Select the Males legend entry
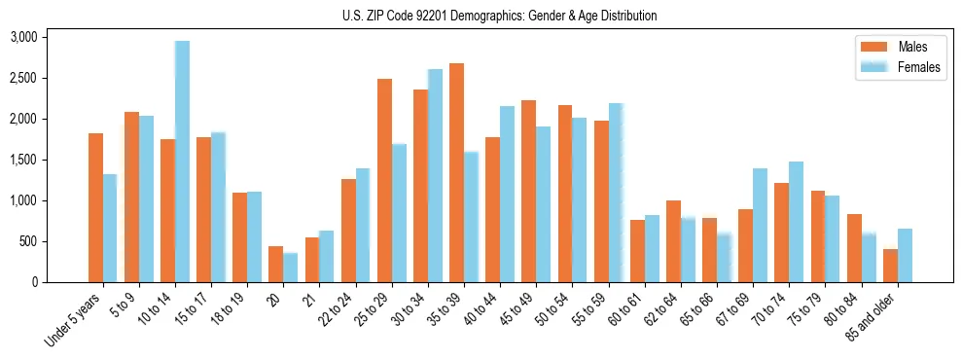tap(911, 47)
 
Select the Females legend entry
tap(919, 67)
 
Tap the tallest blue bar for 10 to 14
tap(182, 162)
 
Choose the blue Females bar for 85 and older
tap(905, 255)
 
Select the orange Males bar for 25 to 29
tap(384, 180)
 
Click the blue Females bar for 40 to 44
tap(507, 194)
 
